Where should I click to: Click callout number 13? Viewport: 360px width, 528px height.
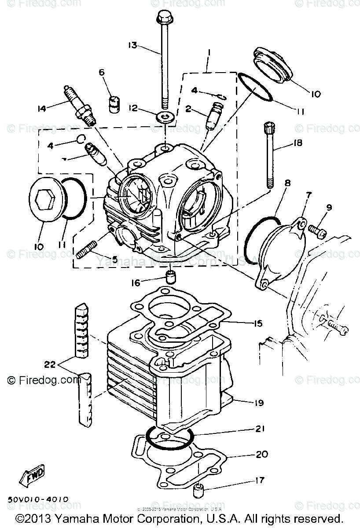pos(132,45)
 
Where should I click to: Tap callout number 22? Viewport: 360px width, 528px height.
pos(50,364)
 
